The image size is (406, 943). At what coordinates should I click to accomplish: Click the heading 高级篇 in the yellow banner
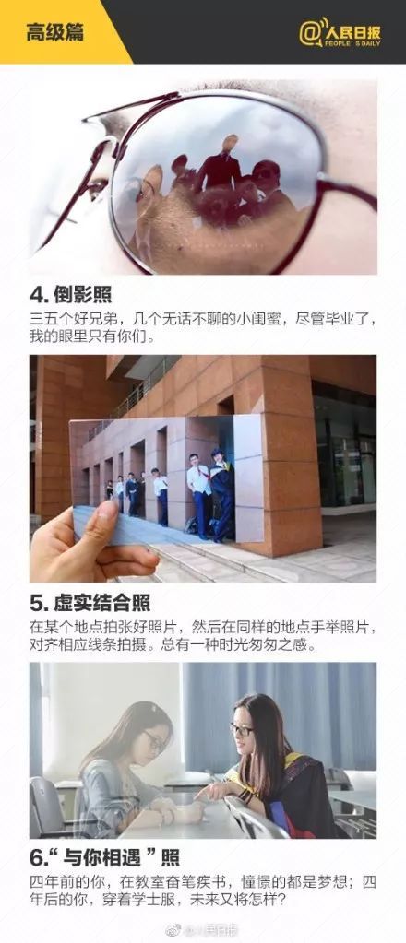(x=54, y=32)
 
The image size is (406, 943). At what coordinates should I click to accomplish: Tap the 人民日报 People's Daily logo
(x=340, y=32)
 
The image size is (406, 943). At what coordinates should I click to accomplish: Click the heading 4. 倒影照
(x=70, y=295)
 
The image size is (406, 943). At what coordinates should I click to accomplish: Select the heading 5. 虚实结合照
(x=90, y=603)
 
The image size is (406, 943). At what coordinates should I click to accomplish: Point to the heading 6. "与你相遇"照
(x=104, y=857)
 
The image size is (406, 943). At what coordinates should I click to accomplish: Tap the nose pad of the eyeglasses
(x=96, y=186)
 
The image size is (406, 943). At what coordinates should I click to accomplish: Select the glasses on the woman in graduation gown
(x=242, y=729)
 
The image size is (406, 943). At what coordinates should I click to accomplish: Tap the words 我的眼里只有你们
(x=92, y=336)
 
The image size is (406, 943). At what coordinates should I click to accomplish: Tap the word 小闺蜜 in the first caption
(x=253, y=319)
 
